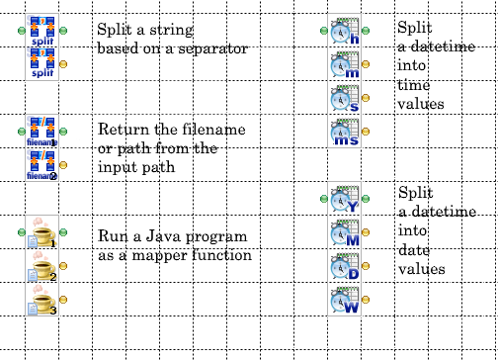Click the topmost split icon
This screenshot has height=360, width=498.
point(41,32)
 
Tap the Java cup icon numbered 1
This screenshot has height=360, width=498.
point(41,233)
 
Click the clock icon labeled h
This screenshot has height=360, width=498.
point(345,32)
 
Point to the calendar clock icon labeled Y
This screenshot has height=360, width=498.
point(345,200)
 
